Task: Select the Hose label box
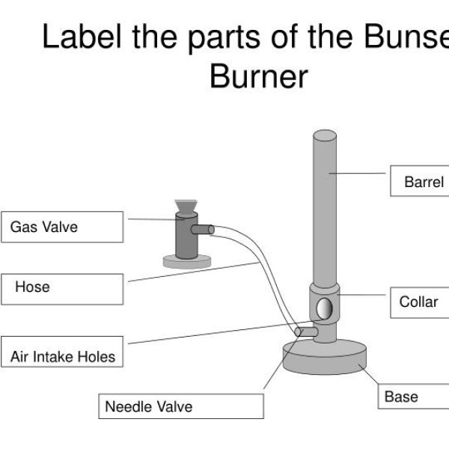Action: pos(62,289)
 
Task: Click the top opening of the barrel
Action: pos(326,135)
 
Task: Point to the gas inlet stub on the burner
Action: pos(305,331)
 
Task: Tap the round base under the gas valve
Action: pos(186,260)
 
